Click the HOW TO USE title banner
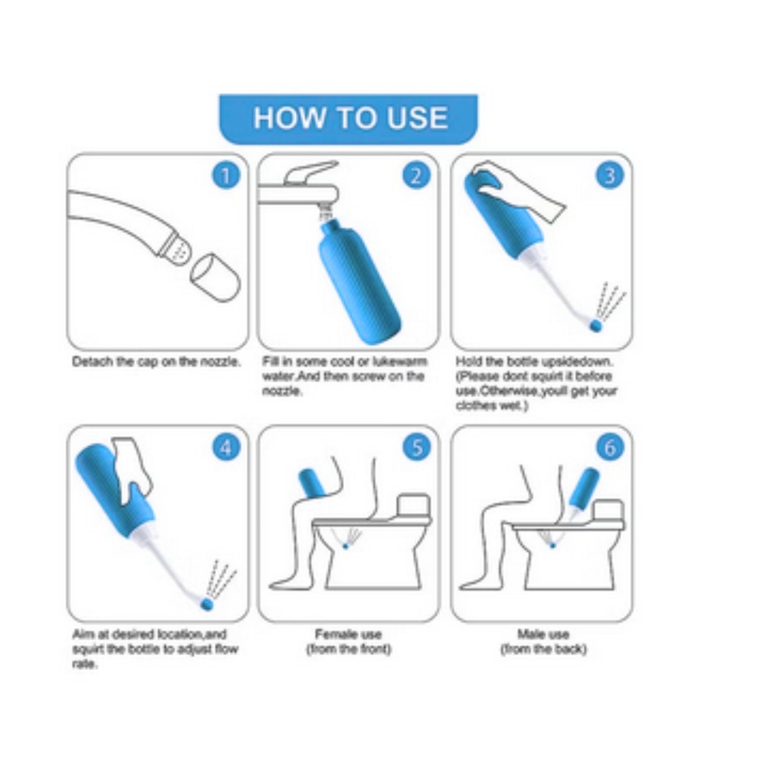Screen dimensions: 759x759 click(x=349, y=118)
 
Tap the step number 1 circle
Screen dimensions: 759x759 click(x=225, y=176)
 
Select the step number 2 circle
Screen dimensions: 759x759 click(x=416, y=176)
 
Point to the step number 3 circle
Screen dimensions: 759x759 click(x=609, y=175)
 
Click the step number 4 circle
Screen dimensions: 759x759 click(x=225, y=448)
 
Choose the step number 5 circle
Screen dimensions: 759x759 click(x=416, y=448)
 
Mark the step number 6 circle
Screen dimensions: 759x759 click(x=609, y=448)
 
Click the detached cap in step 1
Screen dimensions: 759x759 click(x=216, y=277)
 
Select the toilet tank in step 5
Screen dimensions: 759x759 click(x=414, y=506)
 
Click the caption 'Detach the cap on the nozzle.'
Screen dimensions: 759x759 click(x=156, y=362)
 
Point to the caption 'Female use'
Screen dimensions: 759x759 click(x=348, y=634)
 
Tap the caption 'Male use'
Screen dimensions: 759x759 click(x=543, y=634)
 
